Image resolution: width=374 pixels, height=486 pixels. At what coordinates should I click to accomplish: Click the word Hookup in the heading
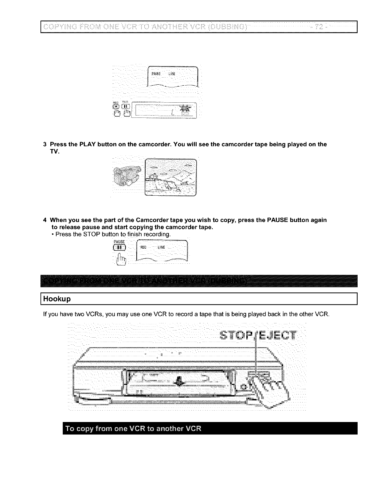tap(57, 299)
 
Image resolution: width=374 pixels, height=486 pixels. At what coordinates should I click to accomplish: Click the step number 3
tap(45, 144)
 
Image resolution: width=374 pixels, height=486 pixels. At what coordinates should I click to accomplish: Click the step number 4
tap(45, 220)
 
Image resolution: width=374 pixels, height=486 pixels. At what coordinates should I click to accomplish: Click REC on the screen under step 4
tap(143, 247)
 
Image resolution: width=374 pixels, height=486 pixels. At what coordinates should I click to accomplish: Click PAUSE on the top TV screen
tap(156, 74)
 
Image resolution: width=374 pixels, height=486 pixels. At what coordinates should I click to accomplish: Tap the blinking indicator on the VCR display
tap(186, 109)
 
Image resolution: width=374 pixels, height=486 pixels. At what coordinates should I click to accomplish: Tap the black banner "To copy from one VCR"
tap(210, 428)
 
